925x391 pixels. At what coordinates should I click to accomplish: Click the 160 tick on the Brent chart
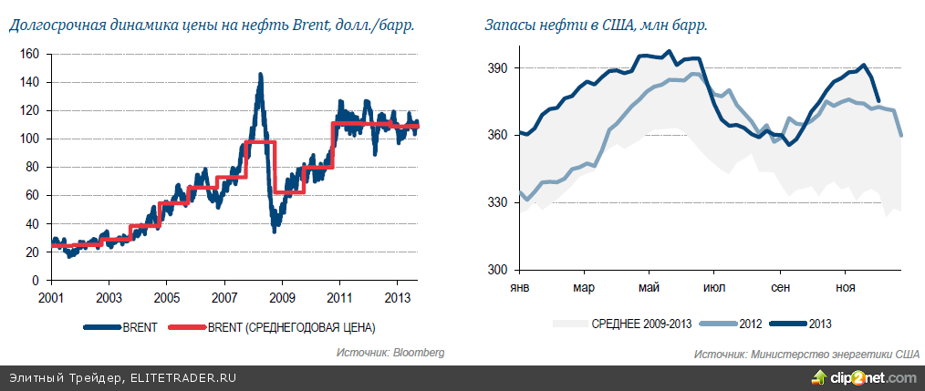tap(29, 54)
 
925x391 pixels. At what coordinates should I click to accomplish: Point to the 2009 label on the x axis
tap(282, 299)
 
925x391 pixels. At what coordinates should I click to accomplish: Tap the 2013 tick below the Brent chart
tap(398, 299)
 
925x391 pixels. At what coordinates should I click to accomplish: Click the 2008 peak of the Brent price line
tap(260, 75)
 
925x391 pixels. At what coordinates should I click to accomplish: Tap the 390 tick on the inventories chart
tap(497, 67)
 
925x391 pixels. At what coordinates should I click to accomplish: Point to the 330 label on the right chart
tap(497, 202)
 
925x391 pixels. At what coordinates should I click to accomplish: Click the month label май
tap(650, 288)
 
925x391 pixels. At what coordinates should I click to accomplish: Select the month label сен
tap(781, 288)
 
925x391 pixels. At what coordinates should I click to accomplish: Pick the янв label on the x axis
tap(518, 288)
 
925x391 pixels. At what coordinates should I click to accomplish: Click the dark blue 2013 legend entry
tap(806, 323)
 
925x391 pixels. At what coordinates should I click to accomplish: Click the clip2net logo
tap(868, 377)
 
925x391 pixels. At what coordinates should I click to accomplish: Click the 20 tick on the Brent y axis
tap(32, 252)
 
